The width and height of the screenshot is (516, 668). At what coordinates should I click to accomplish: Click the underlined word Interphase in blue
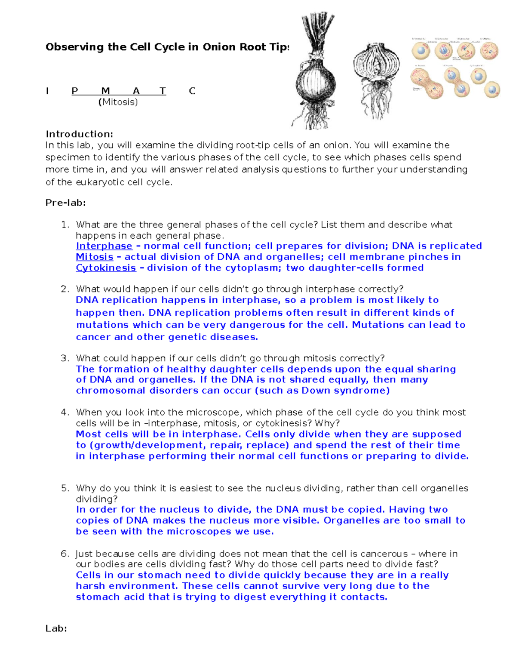[104, 246]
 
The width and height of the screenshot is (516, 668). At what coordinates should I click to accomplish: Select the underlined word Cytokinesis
[106, 268]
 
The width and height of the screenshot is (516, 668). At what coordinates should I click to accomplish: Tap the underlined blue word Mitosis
[95, 257]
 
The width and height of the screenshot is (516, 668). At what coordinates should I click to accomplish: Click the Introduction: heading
[79, 134]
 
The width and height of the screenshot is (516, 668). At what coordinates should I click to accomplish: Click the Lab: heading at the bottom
[56, 628]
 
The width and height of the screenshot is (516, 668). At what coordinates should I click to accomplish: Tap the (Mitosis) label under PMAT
[118, 102]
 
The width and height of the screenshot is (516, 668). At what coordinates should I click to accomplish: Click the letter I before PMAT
[47, 91]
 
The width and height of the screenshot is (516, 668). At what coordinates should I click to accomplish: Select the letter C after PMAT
[192, 91]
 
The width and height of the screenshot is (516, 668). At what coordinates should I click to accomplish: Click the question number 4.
[64, 412]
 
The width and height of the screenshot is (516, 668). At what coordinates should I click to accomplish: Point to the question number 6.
[64, 554]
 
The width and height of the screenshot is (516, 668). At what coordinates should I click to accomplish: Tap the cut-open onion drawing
[376, 80]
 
